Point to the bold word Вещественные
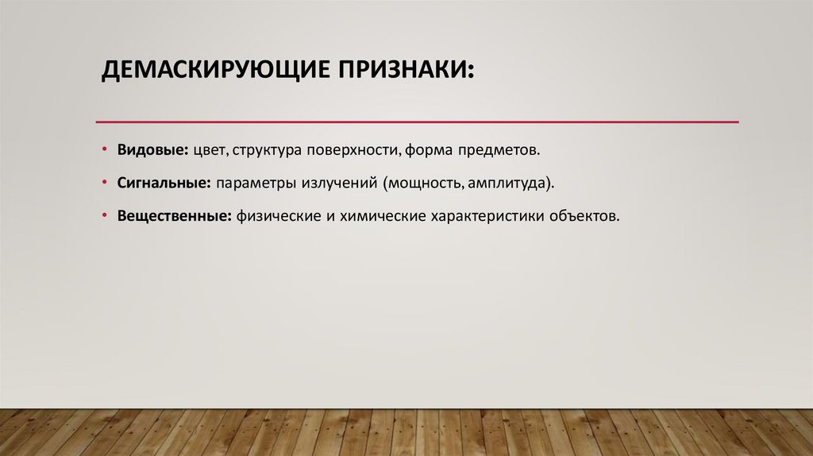(174, 216)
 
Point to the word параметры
(254, 183)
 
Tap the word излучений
(340, 183)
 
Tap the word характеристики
(486, 216)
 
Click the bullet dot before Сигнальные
(106, 183)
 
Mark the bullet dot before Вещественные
(106, 216)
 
